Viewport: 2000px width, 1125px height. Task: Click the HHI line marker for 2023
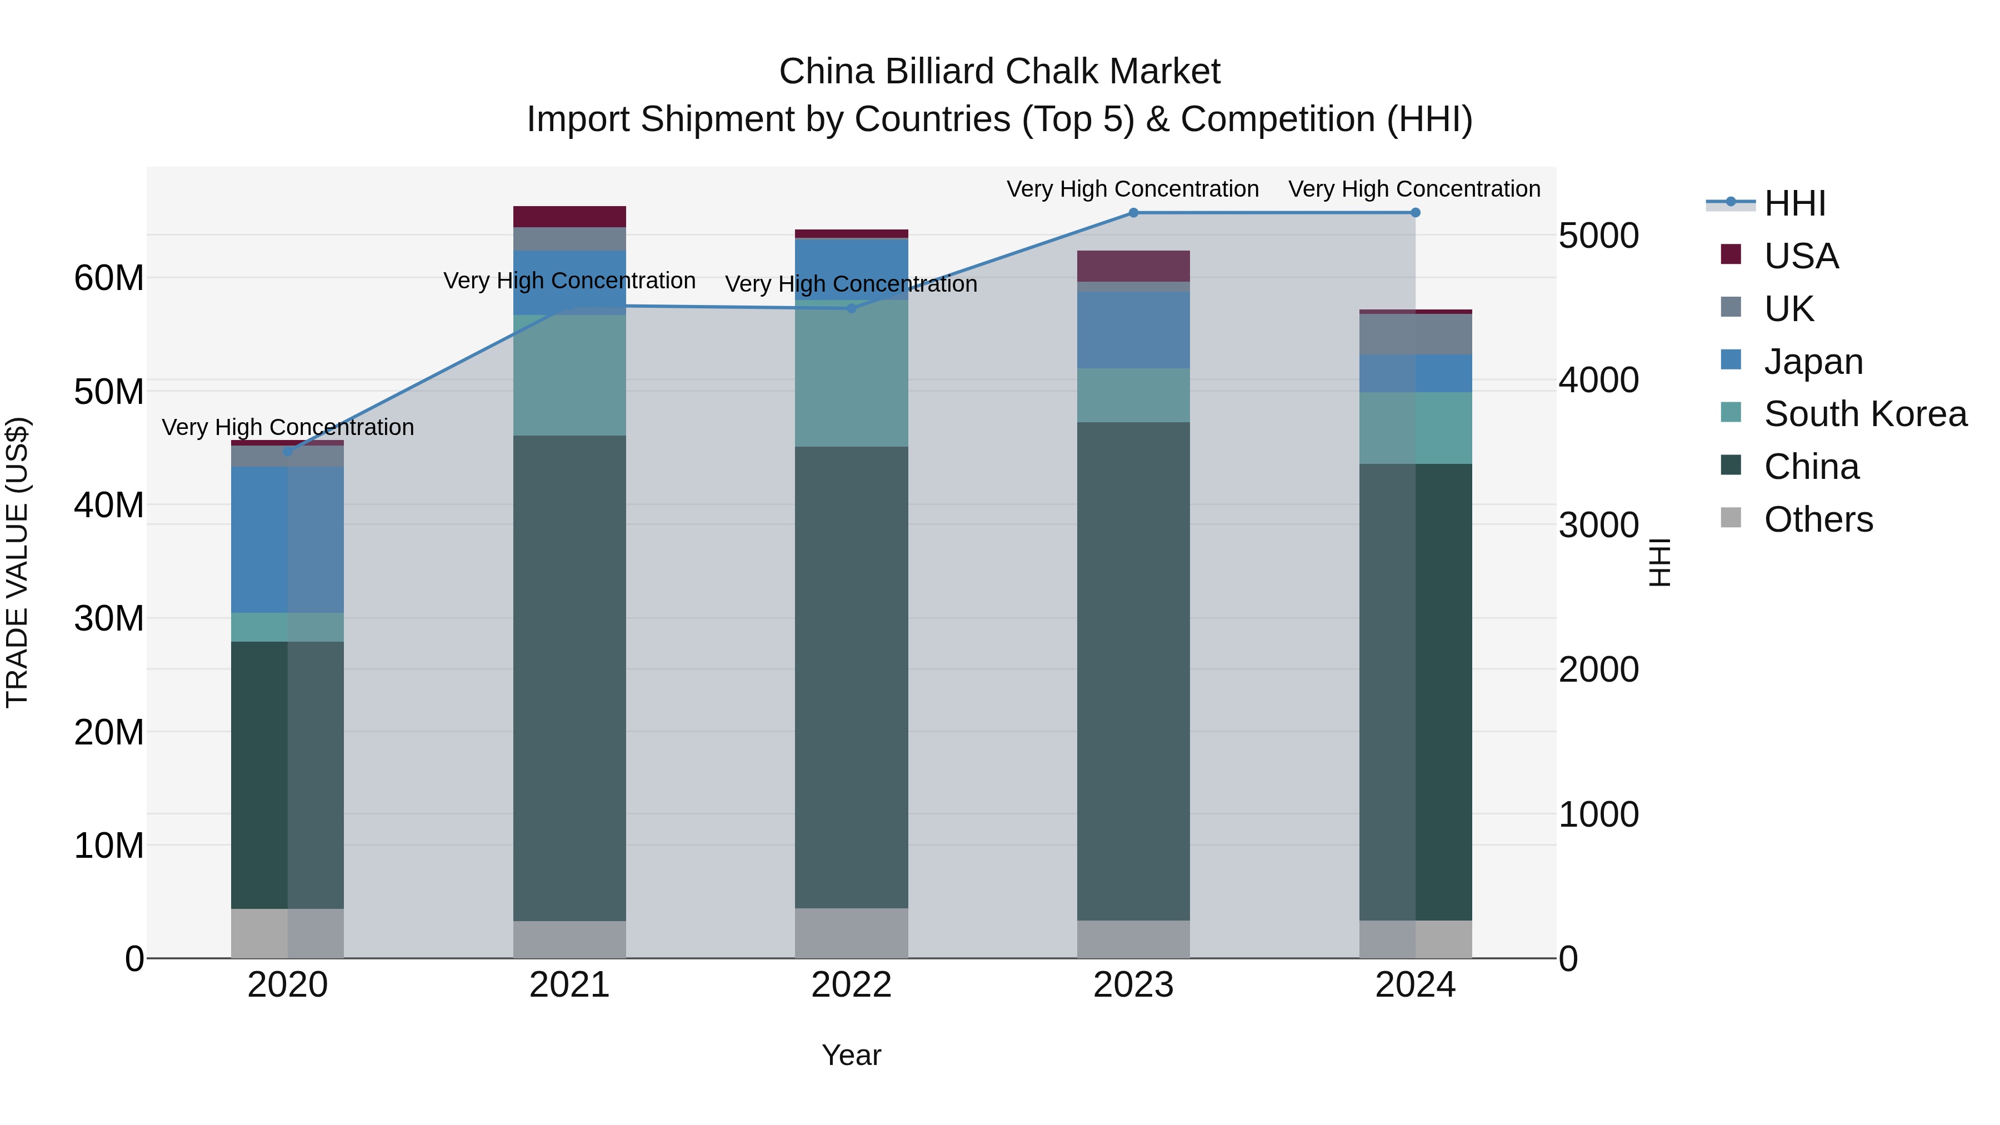1133,213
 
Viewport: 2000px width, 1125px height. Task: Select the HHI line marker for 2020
287,452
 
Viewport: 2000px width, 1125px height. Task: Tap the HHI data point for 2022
851,308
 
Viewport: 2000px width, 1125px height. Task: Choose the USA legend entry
1801,256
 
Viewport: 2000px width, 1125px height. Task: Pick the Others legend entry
1818,519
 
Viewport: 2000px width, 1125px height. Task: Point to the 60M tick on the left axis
109,278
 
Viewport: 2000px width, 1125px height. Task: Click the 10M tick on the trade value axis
109,846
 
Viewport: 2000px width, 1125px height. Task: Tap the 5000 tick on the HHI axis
1598,236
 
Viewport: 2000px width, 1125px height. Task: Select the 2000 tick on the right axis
1598,670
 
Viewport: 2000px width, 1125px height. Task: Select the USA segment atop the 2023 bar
1133,266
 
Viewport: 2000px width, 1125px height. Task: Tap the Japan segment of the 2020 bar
287,539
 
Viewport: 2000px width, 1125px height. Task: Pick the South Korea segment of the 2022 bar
851,373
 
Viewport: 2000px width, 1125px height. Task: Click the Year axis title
851,1055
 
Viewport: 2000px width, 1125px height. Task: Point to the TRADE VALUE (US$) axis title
17,563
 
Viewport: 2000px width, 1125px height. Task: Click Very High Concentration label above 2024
1414,189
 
